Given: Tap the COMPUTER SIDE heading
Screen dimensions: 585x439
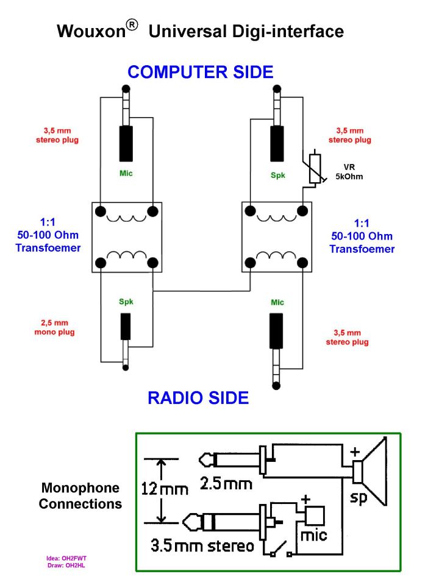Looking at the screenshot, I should tap(200, 72).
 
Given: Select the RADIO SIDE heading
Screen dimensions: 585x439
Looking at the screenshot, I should tap(198, 398).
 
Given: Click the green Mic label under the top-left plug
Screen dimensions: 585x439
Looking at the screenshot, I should tap(126, 173).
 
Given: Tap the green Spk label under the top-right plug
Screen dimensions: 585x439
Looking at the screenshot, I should tap(278, 174).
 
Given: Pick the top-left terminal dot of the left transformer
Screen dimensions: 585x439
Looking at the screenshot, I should tap(99, 211).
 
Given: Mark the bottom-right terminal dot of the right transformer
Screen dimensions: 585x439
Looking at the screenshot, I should tap(301, 263).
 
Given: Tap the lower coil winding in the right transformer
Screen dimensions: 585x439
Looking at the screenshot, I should tap(275, 255).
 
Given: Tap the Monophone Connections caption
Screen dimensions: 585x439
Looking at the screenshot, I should tap(80, 496).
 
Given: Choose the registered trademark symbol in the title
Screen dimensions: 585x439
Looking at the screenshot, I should tap(132, 24).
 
